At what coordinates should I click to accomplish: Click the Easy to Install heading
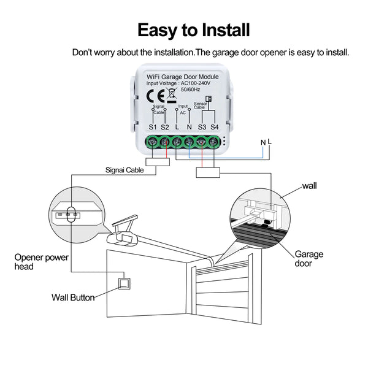click(193, 29)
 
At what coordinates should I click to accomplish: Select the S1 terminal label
click(153, 127)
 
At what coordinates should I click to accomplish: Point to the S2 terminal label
click(164, 127)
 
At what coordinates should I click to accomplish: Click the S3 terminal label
click(202, 127)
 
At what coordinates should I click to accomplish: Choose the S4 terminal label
click(214, 127)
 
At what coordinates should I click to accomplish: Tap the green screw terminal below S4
click(213, 144)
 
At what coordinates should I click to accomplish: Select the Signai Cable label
click(125, 170)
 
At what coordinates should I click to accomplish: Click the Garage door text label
click(309, 258)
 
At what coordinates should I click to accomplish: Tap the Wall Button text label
click(73, 297)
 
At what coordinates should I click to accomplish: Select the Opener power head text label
click(42, 261)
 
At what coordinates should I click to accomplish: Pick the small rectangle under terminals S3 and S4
click(207, 173)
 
